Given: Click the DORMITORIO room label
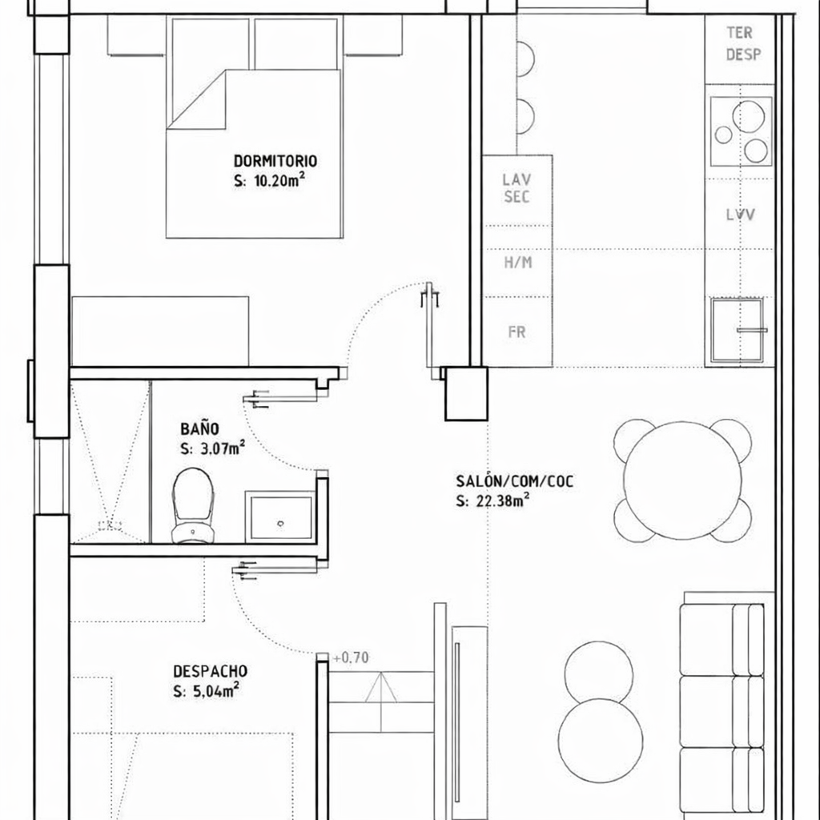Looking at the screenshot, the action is [x=275, y=160].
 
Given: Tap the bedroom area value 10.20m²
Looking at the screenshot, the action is [x=279, y=180].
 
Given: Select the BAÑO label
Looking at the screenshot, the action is [x=199, y=429].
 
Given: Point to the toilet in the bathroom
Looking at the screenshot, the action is [x=193, y=505].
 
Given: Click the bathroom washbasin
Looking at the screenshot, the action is [x=281, y=517].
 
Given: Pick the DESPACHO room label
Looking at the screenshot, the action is [x=211, y=671].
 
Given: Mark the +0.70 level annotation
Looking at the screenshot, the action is [x=351, y=657].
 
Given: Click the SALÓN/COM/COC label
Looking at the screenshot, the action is [x=515, y=480].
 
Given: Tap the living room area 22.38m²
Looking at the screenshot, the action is [x=503, y=500].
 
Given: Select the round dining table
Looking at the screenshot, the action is [x=682, y=480].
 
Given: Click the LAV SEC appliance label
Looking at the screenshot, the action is [x=517, y=187].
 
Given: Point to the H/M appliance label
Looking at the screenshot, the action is [x=518, y=262].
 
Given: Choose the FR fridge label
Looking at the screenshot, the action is [x=517, y=332].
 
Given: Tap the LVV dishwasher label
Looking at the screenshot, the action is [x=740, y=215].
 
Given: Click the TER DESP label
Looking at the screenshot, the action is [x=742, y=43].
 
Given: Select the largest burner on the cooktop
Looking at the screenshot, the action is [x=749, y=116].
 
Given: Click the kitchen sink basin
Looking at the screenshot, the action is [x=737, y=330].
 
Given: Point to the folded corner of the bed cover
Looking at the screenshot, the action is [x=196, y=99].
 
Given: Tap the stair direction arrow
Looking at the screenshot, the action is [x=380, y=687].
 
